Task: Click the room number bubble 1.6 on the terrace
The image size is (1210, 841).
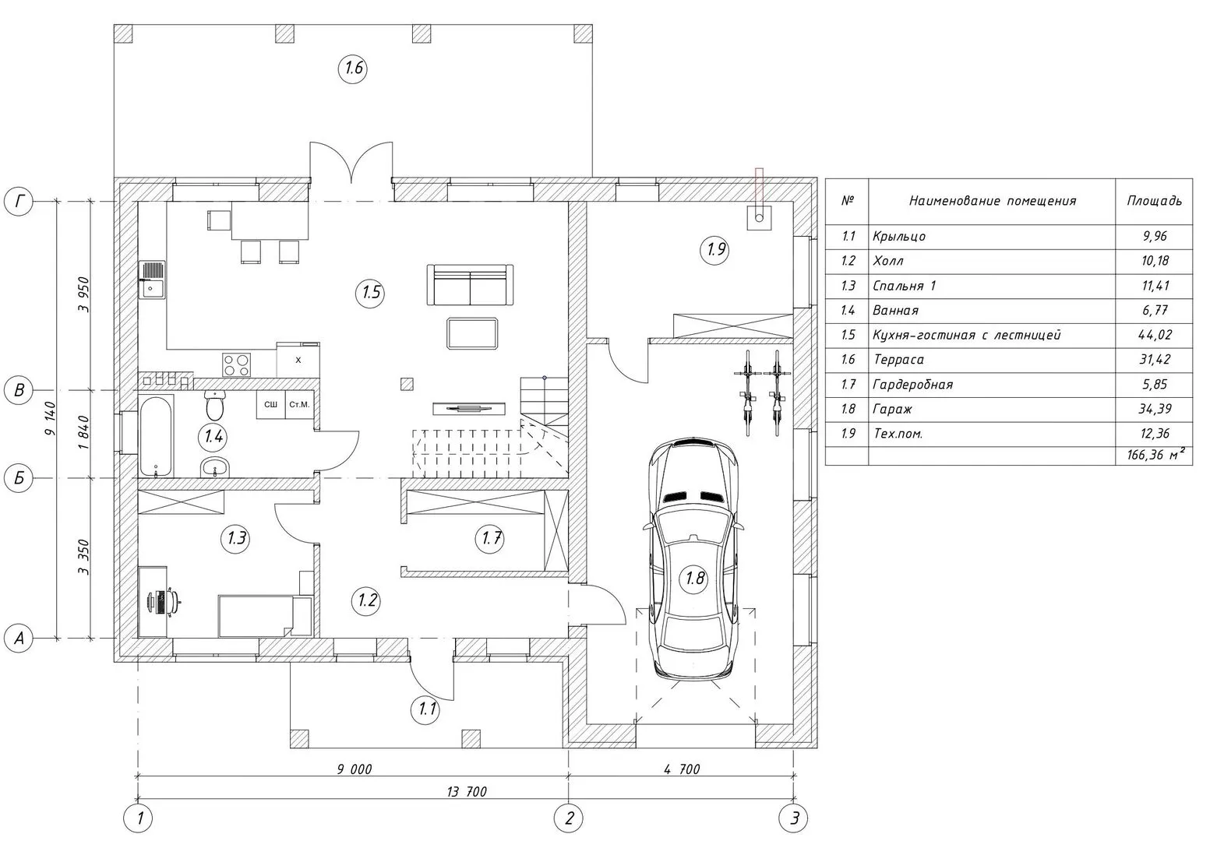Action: pos(353,68)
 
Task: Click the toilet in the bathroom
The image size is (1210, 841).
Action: pos(215,406)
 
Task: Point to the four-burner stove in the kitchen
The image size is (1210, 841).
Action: pos(237,364)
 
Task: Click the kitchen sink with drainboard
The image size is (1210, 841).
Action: pos(153,280)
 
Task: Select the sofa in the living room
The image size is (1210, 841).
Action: pos(470,284)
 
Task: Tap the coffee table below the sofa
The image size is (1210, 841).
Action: pos(472,333)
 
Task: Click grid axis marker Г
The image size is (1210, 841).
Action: pos(19,202)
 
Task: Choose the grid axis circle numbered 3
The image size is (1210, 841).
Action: pos(793,818)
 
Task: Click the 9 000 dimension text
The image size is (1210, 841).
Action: pos(355,769)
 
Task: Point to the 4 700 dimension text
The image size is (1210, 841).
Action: pos(682,769)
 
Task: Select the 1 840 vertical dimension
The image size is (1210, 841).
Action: pos(83,433)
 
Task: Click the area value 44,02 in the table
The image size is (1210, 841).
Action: pos(1155,335)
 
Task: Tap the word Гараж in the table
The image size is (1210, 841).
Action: pos(892,409)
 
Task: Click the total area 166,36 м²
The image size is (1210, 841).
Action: pos(1156,455)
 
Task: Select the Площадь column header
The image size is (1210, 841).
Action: pos(1154,201)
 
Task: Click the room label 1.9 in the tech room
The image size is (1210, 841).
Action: pos(715,249)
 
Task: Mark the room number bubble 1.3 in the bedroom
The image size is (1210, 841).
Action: pos(235,537)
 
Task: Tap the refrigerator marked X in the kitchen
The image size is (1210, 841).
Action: pos(298,360)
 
